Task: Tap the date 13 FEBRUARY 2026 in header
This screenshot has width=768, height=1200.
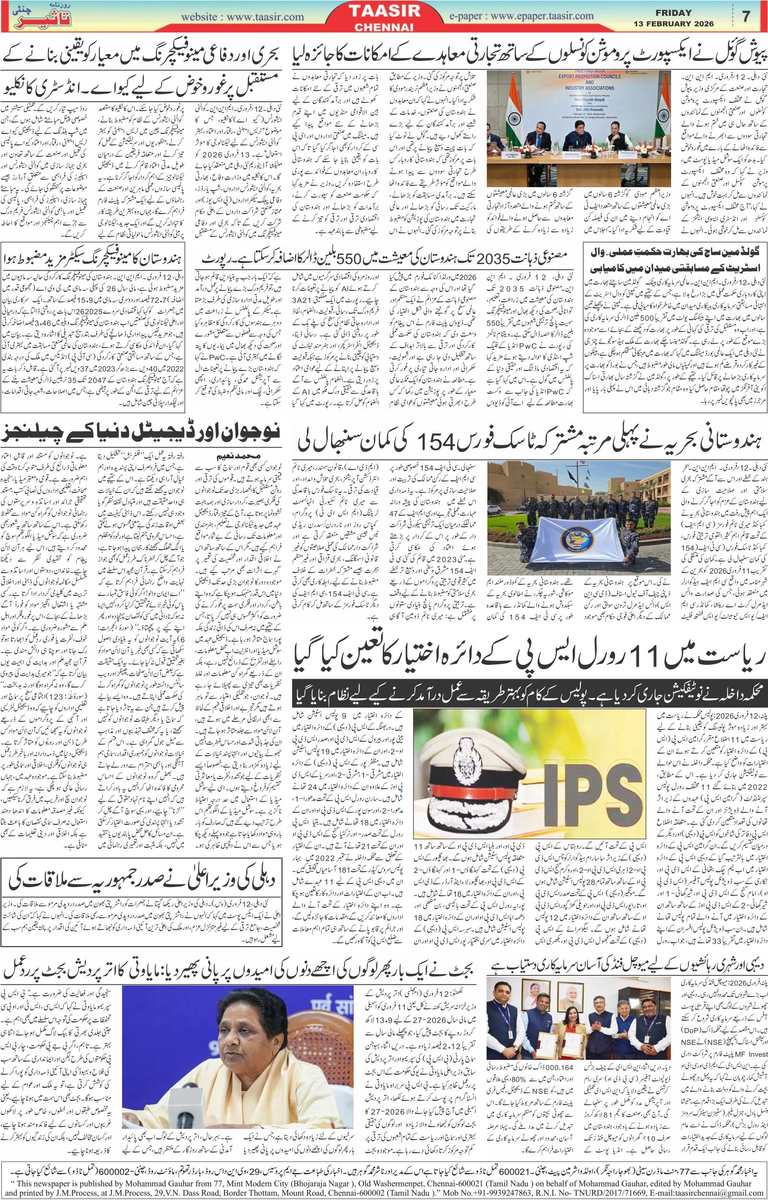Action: pos(673,24)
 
